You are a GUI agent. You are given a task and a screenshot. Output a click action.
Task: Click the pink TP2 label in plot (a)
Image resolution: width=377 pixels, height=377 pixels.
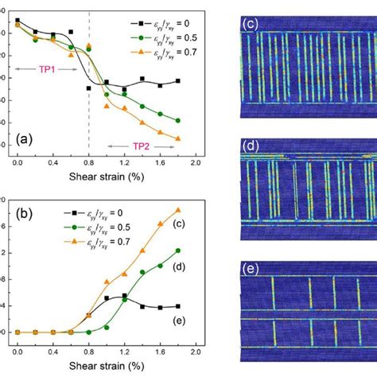click(x=140, y=146)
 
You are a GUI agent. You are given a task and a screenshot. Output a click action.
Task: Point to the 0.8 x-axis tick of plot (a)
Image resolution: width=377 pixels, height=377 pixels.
click(x=88, y=161)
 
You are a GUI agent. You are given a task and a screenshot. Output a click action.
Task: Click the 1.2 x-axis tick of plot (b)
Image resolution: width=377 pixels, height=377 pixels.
click(x=124, y=349)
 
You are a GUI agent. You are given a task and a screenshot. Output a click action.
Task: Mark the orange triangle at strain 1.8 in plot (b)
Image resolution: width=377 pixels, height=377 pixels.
click(x=177, y=210)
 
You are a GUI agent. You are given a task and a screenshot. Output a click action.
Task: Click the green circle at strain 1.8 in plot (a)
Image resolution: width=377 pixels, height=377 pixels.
click(x=177, y=121)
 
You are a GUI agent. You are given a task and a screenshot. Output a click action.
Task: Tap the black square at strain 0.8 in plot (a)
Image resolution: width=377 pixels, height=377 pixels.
click(x=88, y=88)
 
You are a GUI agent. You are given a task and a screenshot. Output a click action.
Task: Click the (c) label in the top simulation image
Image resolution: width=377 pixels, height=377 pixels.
click(x=250, y=25)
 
